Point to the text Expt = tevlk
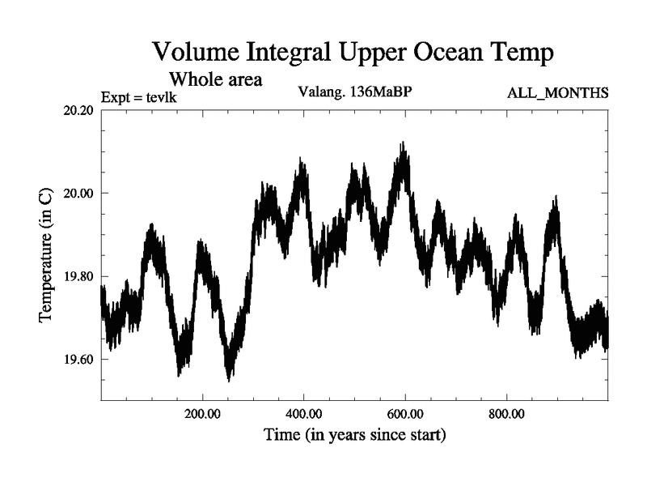click(139, 98)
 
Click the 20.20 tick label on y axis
click(78, 110)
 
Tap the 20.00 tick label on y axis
click(78, 194)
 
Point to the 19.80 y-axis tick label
click(78, 276)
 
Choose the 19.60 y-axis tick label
click(78, 360)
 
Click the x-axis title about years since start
click(354, 435)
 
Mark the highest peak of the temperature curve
click(402, 144)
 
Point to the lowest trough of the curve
click(229, 379)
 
